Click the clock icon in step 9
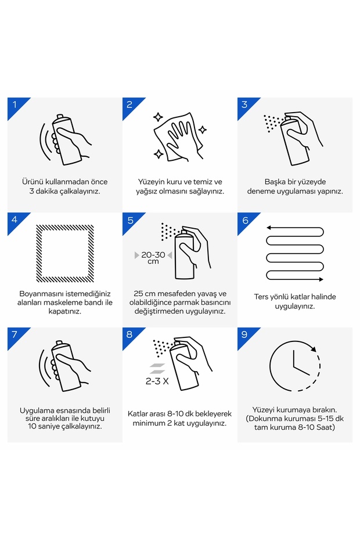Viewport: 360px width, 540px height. pos(295,366)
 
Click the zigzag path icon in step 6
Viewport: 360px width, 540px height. pos(295,253)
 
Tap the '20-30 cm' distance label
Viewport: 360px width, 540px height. pos(153,258)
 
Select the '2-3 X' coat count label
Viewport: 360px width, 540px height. pos(157,381)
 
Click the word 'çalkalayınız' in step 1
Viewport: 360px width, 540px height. pos(80,192)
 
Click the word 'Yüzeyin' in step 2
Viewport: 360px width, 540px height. pos(152,182)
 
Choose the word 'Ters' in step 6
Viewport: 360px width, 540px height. pos(261,297)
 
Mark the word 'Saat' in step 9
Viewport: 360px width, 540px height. pos(325,427)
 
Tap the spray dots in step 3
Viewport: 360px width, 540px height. pos(273,123)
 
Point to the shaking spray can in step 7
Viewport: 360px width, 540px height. pos(66,366)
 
